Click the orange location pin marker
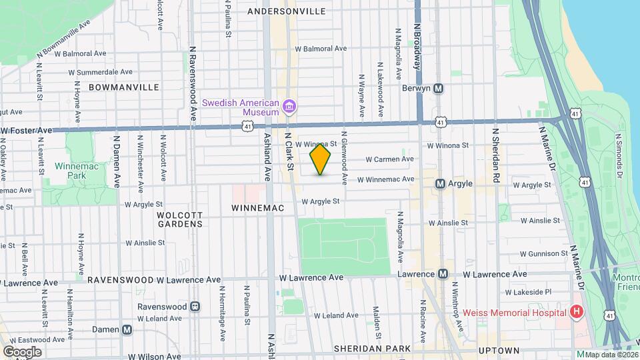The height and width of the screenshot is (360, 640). [x=320, y=159]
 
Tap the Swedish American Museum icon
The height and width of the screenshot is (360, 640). [x=289, y=107]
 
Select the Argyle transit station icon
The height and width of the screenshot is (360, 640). [x=439, y=183]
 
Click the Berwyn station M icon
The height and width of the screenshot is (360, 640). [x=439, y=88]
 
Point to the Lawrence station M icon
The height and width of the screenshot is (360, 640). [x=443, y=274]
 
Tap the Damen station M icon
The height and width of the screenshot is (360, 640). [x=127, y=329]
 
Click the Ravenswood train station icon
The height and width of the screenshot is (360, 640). [x=195, y=306]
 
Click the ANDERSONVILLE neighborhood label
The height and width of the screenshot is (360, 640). [x=286, y=11]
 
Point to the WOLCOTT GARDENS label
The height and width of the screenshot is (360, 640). [x=179, y=219]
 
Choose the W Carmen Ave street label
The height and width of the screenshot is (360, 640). [x=390, y=159]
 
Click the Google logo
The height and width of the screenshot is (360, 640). [x=22, y=351]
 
